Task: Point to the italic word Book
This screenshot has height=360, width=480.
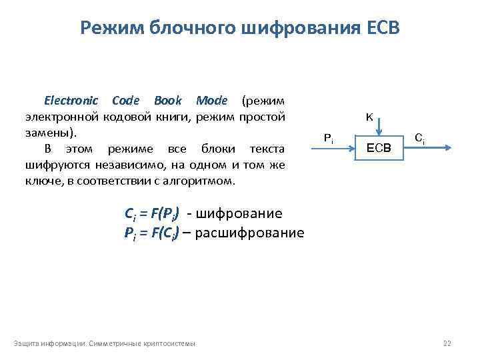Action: pyautogui.click(x=167, y=101)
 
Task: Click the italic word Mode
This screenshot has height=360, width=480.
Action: pyautogui.click(x=211, y=101)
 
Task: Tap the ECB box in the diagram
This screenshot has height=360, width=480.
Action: pyautogui.click(x=379, y=147)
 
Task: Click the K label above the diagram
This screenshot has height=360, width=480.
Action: pyautogui.click(x=369, y=117)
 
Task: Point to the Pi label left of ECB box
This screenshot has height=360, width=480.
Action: pyautogui.click(x=328, y=138)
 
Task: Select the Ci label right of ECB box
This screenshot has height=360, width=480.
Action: pyautogui.click(x=419, y=138)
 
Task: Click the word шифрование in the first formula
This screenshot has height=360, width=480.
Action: pyautogui.click(x=241, y=214)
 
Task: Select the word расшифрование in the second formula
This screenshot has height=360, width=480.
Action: pyautogui.click(x=253, y=233)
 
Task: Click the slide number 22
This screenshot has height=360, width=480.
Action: pyautogui.click(x=447, y=343)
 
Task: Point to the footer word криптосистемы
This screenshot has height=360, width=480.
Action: pyautogui.click(x=173, y=343)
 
